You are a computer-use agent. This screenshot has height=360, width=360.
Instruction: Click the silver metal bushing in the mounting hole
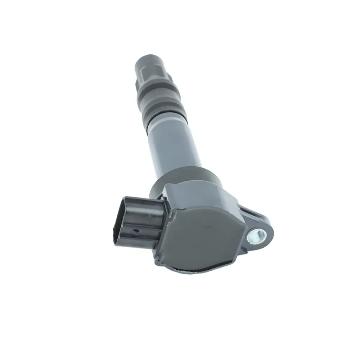(257, 236)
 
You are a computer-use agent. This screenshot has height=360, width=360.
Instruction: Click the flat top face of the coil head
(205, 230)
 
